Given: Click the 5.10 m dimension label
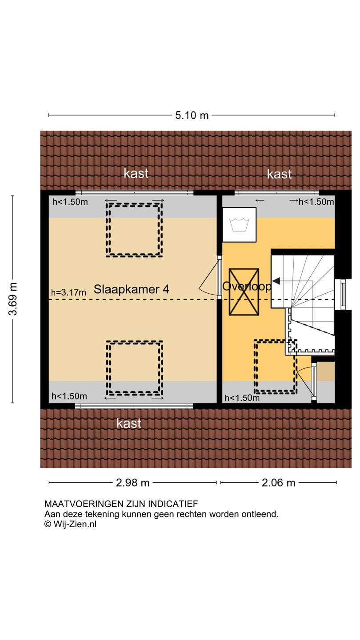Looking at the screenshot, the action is [x=192, y=116].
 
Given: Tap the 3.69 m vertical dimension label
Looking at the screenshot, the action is [x=13, y=299].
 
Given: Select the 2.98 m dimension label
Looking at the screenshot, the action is [x=133, y=483].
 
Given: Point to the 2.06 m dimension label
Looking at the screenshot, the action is [x=279, y=483].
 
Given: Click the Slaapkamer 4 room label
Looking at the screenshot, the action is [x=132, y=289].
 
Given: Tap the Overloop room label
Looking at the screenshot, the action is [x=247, y=286].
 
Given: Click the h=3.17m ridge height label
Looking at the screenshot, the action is [x=68, y=292].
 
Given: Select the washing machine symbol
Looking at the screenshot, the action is [x=239, y=224].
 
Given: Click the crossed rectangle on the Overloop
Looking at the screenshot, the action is [x=244, y=292].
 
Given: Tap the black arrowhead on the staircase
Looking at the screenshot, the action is [x=276, y=281].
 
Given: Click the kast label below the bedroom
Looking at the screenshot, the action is [x=129, y=423].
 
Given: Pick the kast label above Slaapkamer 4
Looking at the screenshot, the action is [x=136, y=173].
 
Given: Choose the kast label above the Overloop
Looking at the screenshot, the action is [x=280, y=174].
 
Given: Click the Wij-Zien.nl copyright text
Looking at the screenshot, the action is [x=71, y=524].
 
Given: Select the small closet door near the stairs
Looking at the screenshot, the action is [x=314, y=381].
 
